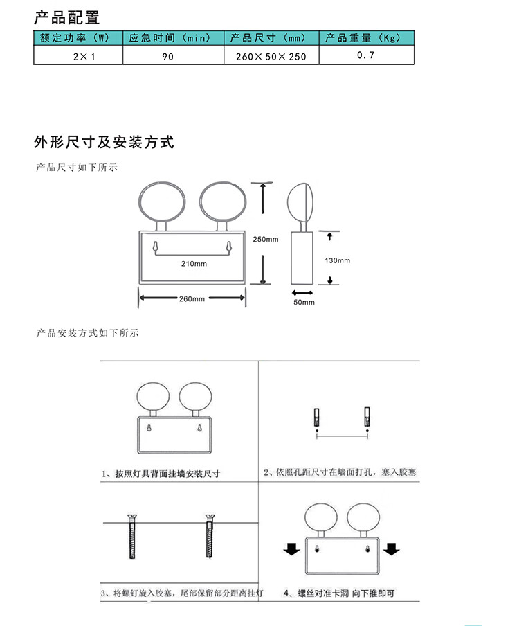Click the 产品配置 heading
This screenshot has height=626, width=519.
tap(67, 18)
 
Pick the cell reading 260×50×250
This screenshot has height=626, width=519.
tap(271, 55)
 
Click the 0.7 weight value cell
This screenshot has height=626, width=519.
tap(367, 55)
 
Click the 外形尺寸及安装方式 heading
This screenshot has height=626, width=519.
tap(104, 142)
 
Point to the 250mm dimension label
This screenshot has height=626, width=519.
tap(266, 239)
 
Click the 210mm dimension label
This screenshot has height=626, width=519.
tap(194, 264)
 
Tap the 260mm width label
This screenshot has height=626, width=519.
tap(192, 298)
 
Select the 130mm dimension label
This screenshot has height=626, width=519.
tap(338, 260)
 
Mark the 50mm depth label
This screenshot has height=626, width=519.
tap(304, 302)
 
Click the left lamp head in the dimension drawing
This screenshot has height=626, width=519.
tap(162, 202)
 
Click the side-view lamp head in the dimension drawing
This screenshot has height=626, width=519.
tap(300, 203)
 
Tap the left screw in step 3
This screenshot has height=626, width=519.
tap(132, 536)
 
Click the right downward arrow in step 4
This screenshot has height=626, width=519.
tap(392, 549)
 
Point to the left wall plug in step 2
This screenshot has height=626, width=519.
tap(317, 417)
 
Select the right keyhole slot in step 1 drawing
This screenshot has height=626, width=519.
tap(200, 428)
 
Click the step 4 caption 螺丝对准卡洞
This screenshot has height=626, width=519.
tap(323, 593)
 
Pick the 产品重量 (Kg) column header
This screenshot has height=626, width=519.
tap(362, 38)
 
